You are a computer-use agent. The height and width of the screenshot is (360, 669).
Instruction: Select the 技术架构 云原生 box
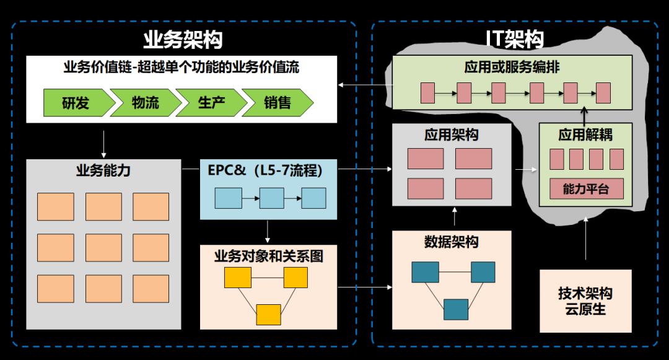click(585, 301)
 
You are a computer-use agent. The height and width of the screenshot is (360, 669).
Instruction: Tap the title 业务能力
click(103, 171)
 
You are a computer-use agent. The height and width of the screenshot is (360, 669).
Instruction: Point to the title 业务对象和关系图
click(268, 255)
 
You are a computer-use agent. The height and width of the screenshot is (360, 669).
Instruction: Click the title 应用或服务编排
click(512, 67)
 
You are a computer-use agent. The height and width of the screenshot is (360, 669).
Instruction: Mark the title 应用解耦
click(585, 134)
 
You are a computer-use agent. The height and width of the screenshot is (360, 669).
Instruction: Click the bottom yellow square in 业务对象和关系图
click(269, 315)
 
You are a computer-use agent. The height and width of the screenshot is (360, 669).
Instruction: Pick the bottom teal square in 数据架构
click(456, 309)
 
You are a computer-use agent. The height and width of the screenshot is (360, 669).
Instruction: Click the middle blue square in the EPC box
click(271, 198)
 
